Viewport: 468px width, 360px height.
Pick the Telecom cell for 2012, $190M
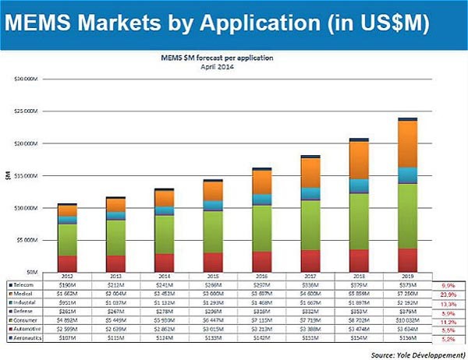click(x=68, y=285)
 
